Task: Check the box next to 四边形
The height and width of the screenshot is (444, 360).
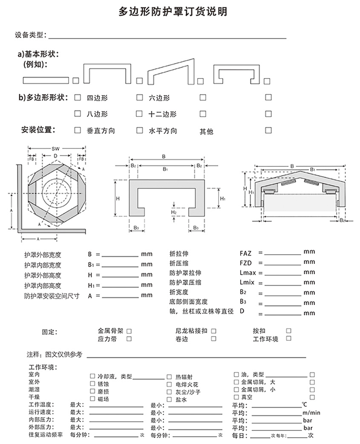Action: [78, 98]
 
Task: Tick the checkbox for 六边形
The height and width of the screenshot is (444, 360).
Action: [139, 98]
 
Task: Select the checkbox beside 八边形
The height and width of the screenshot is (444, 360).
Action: [78, 114]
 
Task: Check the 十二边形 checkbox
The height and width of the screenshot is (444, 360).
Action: [139, 114]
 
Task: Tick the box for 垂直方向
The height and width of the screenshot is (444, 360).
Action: [78, 131]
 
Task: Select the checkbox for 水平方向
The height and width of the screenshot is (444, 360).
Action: [139, 131]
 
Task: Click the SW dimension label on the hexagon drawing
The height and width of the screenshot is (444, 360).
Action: [55, 149]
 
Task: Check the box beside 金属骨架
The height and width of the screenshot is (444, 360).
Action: [129, 331]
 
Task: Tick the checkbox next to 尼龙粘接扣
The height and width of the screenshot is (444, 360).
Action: [213, 331]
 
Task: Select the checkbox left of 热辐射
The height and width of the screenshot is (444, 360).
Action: [169, 376]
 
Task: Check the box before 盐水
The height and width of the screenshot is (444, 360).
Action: [169, 399]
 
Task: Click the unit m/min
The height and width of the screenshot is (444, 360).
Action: [311, 412]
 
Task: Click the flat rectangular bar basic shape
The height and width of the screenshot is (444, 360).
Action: [45, 80]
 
